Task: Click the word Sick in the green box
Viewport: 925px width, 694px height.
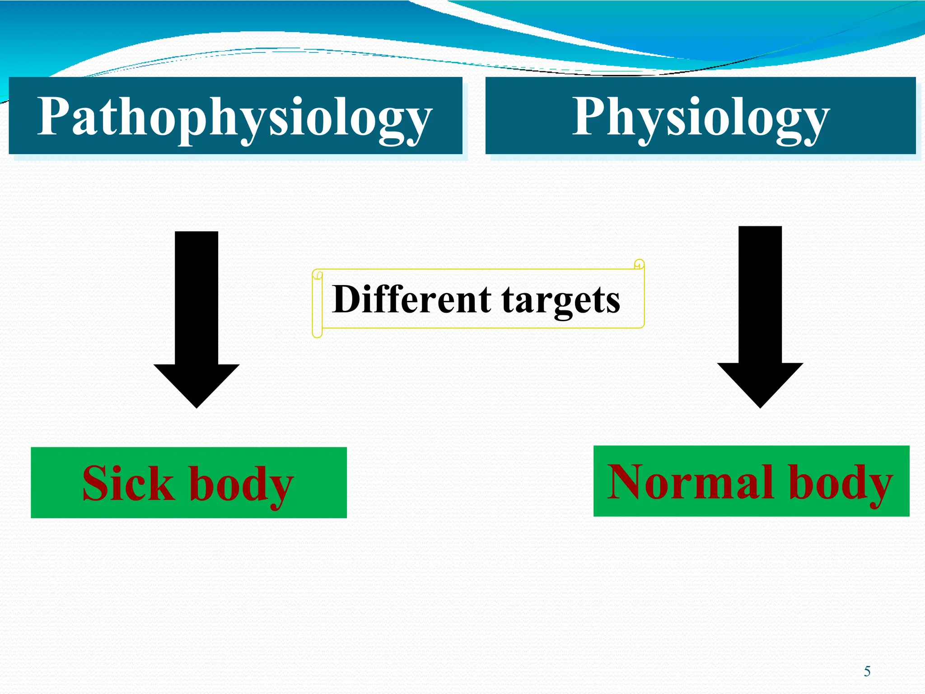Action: coord(128,483)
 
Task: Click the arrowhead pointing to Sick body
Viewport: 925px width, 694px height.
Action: coord(196,384)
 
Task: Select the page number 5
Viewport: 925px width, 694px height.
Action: coord(867,671)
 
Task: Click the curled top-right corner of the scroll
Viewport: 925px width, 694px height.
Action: coord(639,264)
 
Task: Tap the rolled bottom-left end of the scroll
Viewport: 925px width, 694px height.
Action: coord(318,333)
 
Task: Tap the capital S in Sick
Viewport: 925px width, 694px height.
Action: coord(97,483)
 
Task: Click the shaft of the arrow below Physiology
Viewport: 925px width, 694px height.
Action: coord(760,294)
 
